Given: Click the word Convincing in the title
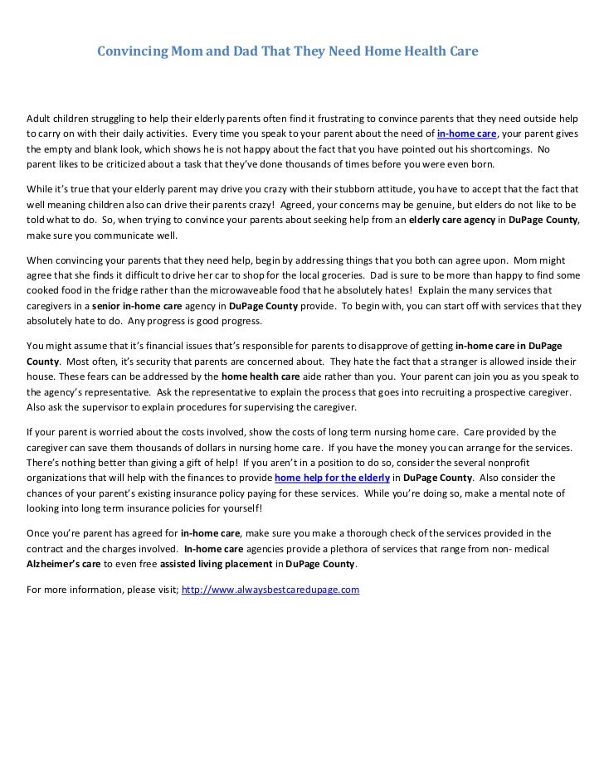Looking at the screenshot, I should (x=129, y=51).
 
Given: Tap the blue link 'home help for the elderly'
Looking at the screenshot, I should (x=332, y=478).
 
